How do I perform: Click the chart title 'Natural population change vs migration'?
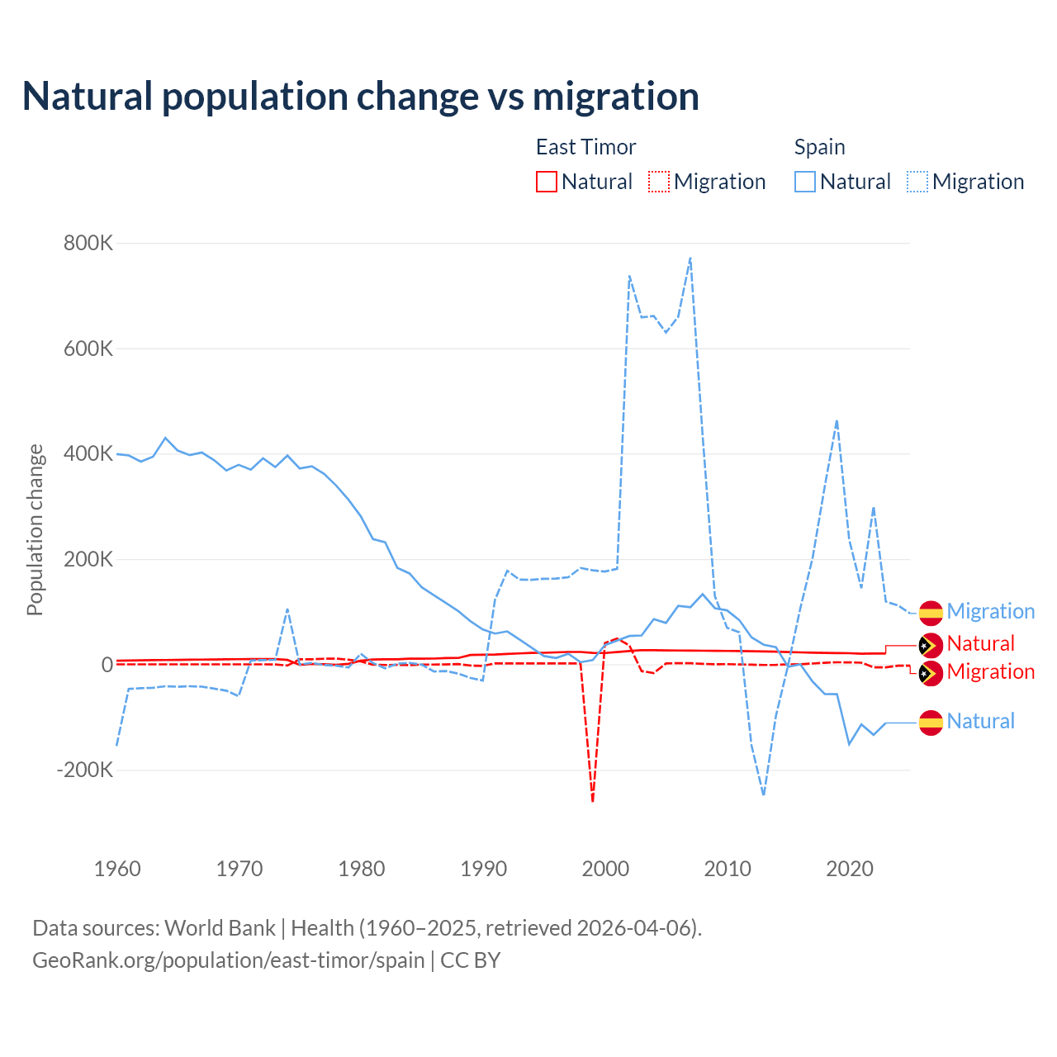tap(361, 97)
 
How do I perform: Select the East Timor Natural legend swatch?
tap(547, 182)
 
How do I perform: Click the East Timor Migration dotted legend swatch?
tap(659, 182)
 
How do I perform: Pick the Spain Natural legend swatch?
tap(805, 182)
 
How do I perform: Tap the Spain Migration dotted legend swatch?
tap(917, 182)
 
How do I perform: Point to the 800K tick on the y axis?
tap(88, 244)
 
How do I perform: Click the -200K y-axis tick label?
tap(84, 770)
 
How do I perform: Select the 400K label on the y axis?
tap(88, 453)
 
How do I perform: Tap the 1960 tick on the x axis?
tap(117, 869)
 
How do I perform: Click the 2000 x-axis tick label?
tap(605, 869)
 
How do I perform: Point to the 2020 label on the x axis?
tap(850, 869)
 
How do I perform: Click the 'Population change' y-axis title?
tap(35, 529)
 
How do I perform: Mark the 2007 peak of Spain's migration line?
tap(690, 258)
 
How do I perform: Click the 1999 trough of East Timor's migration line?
tap(593, 799)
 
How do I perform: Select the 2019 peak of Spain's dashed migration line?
tap(837, 421)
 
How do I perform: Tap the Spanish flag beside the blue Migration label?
tap(931, 612)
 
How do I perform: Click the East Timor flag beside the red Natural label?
tap(931, 645)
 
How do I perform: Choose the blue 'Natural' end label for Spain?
tap(980, 721)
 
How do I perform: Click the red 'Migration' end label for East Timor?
tap(990, 671)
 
